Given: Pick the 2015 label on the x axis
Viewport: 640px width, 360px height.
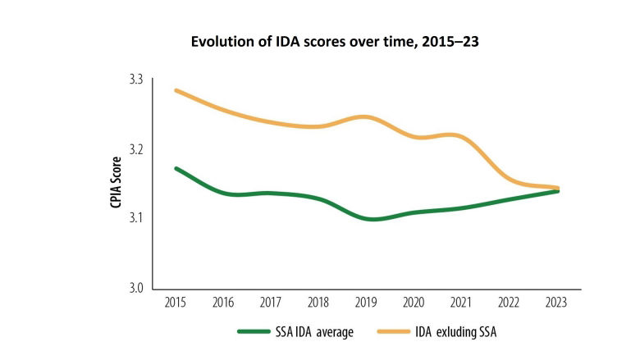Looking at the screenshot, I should [175, 302].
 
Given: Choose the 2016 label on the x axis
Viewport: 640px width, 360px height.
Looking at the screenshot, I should [222, 302].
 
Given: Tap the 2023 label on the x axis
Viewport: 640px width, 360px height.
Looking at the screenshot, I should [559, 302].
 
